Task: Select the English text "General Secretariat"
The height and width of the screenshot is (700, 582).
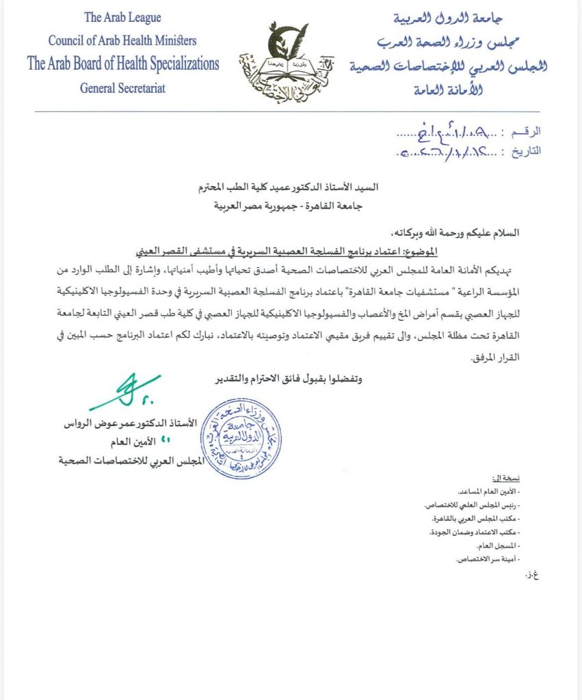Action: (122, 88)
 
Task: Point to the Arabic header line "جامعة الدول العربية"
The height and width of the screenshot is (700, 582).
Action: (454, 18)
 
